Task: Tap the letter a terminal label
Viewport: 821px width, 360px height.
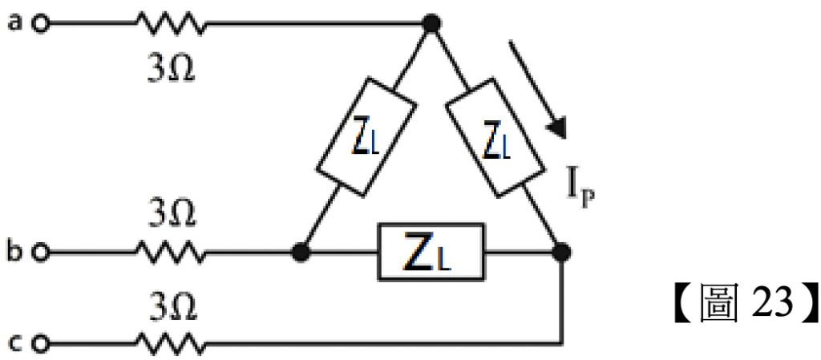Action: (x=14, y=22)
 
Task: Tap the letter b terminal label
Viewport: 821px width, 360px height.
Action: (x=14, y=252)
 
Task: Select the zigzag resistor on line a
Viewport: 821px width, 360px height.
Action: (x=171, y=25)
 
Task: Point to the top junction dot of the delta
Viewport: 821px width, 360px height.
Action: (x=431, y=24)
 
